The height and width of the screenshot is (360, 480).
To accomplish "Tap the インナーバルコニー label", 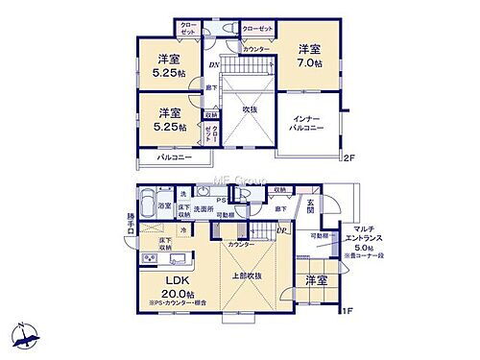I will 307,123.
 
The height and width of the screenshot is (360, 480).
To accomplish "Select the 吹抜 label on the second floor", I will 249,108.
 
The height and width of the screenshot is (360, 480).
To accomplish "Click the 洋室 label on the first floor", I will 316,280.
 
